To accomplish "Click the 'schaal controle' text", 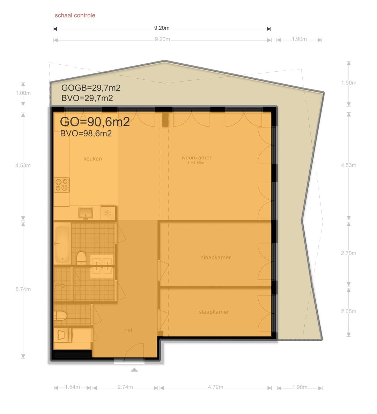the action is (x=75, y=15).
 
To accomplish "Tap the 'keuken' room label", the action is (x=93, y=159).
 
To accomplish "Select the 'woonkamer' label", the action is (x=197, y=158).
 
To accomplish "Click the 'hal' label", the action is (x=128, y=330).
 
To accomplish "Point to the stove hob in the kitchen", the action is (x=62, y=185).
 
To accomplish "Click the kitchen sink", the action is (x=86, y=213).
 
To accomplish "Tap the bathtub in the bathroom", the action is (x=62, y=244).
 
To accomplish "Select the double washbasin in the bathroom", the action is (x=102, y=266).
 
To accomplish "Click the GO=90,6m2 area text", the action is (x=95, y=122).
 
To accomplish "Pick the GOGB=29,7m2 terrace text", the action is (x=91, y=88).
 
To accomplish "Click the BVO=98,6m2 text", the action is (x=86, y=134).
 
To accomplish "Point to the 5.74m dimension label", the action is (x=23, y=289).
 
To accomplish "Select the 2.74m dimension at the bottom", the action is (x=125, y=387).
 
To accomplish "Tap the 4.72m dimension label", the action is (x=215, y=387).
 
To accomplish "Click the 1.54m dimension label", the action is (x=73, y=387).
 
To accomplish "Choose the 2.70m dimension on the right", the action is (x=348, y=253).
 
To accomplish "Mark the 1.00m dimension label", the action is (x=23, y=93).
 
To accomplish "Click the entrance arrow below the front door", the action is (x=134, y=370).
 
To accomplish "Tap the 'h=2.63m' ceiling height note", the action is (x=196, y=163).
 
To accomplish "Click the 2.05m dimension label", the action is (x=348, y=311).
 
